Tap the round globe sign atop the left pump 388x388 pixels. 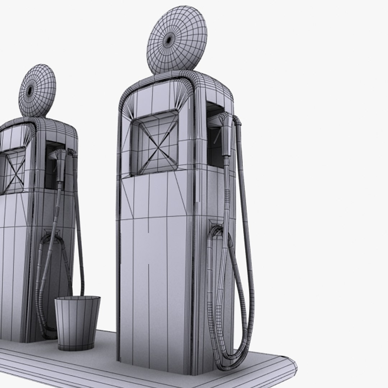(37, 91)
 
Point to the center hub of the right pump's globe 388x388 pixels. (168, 41)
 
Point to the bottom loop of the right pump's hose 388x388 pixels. (230, 359)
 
